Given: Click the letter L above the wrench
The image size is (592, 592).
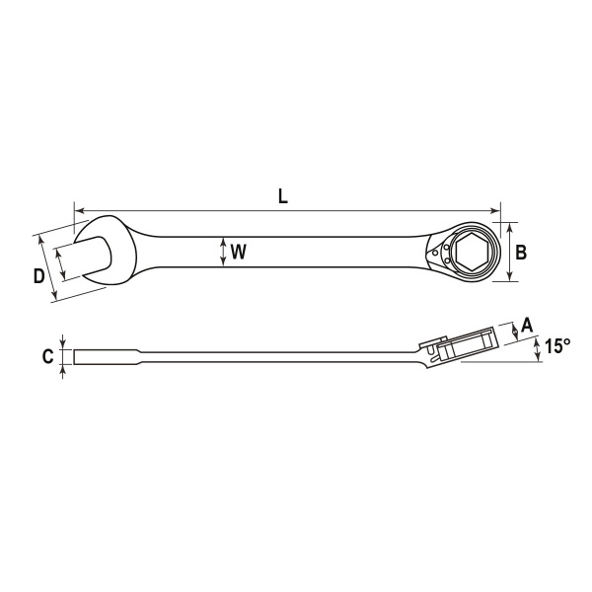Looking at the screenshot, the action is [283, 196].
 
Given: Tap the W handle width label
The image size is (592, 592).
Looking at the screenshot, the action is [239, 252].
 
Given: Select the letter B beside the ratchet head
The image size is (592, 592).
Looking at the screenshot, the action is [521, 253].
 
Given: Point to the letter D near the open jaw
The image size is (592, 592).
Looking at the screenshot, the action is [38, 276].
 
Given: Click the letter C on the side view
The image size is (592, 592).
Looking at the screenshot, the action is [48, 356].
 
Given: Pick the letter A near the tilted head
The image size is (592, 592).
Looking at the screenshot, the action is [526, 325].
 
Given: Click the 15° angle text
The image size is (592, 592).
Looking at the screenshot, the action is [557, 345].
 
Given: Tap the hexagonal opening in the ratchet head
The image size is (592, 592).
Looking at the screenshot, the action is [473, 252].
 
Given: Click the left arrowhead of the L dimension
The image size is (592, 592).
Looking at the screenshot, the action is [78, 211].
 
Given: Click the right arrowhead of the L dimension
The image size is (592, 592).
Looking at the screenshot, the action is [495, 211].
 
